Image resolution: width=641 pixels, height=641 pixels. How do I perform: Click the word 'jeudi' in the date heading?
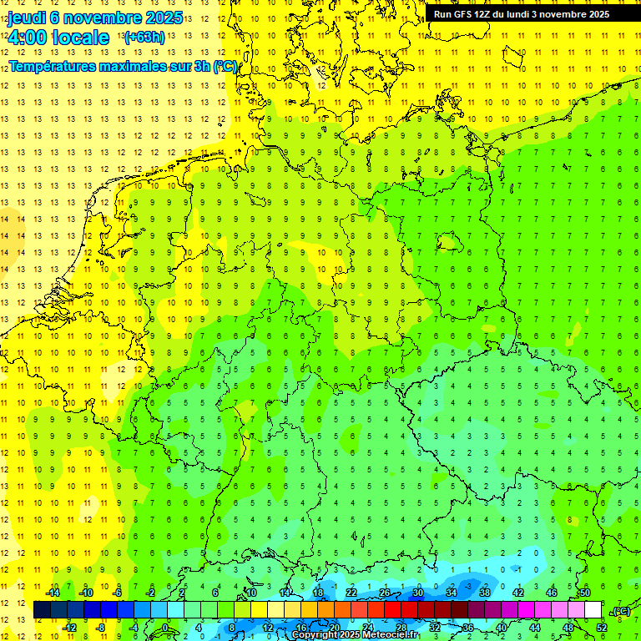(x=26, y=17)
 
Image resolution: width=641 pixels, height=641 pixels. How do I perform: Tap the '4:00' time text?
(x=28, y=38)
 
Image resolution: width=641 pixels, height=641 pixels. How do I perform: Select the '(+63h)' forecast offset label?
(x=144, y=37)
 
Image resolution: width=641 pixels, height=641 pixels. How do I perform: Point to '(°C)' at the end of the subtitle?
(x=225, y=66)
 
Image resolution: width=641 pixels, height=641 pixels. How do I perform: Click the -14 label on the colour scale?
(x=53, y=593)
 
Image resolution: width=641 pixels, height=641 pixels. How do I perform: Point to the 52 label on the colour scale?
(x=602, y=628)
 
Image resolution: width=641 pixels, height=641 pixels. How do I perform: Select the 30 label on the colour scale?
(x=418, y=593)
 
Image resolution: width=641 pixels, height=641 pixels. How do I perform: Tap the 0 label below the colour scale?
(x=165, y=628)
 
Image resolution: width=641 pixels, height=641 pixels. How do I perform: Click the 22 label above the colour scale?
(x=351, y=593)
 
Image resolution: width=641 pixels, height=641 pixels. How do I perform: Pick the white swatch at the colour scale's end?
(x=593, y=610)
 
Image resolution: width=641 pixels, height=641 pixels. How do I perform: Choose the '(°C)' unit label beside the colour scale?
(x=621, y=611)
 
